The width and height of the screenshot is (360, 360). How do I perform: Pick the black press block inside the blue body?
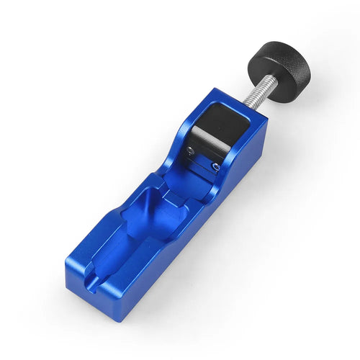coord(215,130)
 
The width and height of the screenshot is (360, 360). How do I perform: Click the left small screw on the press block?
coord(189,150)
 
